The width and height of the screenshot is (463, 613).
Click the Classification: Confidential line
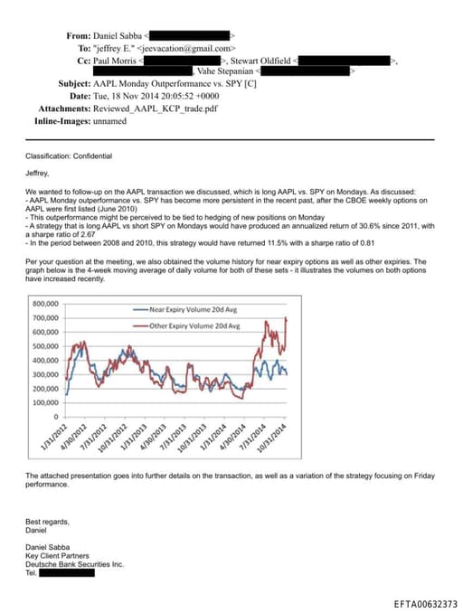pos(69,156)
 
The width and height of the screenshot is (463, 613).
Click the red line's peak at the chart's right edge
pos(287,318)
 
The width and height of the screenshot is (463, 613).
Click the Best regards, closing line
pos(47,521)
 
